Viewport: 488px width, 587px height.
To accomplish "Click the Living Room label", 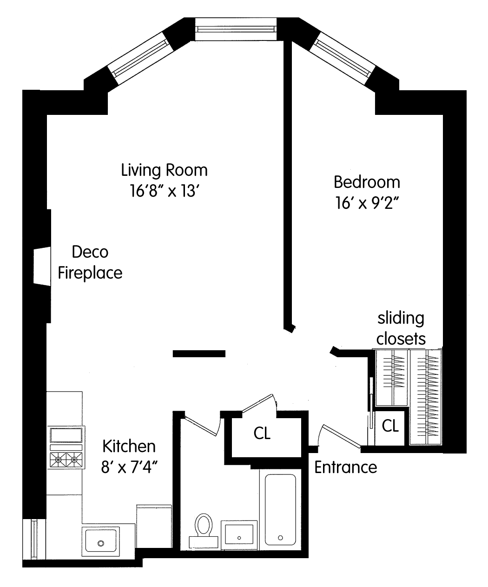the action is tap(165, 170).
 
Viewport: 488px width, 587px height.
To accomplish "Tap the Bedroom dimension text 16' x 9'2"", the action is tap(367, 202).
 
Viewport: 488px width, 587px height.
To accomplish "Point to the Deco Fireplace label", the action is tap(90, 262).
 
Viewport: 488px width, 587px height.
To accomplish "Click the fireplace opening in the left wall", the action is tap(42, 266).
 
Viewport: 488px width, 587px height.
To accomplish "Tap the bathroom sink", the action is tap(239, 534).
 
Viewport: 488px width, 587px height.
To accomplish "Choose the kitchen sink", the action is tap(101, 540).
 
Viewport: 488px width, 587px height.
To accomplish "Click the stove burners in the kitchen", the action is tap(66, 460).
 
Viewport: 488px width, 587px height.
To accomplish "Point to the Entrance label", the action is tap(346, 467).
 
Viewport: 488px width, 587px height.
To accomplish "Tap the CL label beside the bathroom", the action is tap(262, 433).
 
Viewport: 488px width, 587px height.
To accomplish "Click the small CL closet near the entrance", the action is tap(390, 426).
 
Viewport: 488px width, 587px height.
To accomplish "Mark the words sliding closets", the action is tap(401, 329).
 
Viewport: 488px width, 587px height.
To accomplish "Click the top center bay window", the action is tap(236, 29).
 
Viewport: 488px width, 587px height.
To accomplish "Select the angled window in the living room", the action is tap(140, 58).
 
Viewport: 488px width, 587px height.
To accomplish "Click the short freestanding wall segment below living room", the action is tap(199, 354).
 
